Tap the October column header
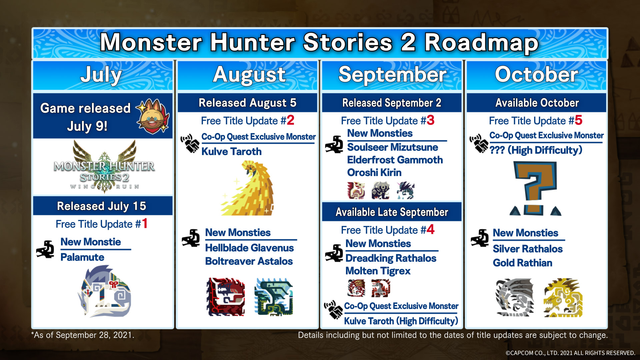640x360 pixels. pyautogui.click(x=536, y=75)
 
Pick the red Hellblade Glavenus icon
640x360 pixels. pyautogui.click(x=226, y=297)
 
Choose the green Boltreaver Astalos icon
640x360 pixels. pyautogui.click(x=274, y=297)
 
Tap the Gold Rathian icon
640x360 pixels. pyautogui.click(x=563, y=297)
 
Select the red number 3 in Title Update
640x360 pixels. pyautogui.click(x=430, y=120)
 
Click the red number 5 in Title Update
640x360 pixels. pyautogui.click(x=578, y=120)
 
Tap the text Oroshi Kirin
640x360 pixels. pyautogui.click(x=374, y=172)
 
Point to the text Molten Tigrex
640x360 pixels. pyautogui.click(x=378, y=271)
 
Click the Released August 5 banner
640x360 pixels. pyautogui.click(x=247, y=103)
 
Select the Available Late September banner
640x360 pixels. pyautogui.click(x=392, y=212)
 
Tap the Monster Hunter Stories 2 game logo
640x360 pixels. pyautogui.click(x=104, y=167)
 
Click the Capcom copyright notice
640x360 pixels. pyautogui.click(x=570, y=353)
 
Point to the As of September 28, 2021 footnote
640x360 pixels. pyautogui.click(x=83, y=335)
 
